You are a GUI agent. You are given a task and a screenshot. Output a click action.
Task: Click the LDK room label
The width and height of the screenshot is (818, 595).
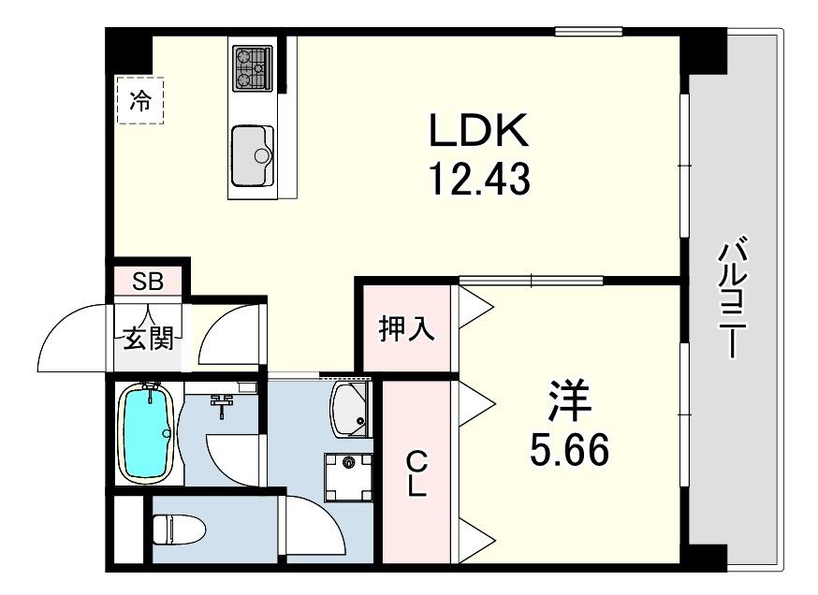point(479,131)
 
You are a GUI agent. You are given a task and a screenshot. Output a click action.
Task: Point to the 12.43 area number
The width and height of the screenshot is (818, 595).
point(479,178)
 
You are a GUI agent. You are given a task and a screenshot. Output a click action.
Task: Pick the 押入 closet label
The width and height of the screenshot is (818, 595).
point(405,329)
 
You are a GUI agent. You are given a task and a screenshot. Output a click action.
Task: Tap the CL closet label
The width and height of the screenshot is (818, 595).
point(417,472)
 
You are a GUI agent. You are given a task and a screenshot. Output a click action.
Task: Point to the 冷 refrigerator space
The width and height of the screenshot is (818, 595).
point(139,100)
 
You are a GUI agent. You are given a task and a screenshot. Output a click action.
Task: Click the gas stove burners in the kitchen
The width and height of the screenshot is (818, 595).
point(252,66)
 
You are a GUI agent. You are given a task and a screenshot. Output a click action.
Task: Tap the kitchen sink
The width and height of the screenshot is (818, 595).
point(252,154)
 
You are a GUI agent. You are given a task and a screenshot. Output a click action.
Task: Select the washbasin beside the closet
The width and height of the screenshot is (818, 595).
point(351,409)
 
